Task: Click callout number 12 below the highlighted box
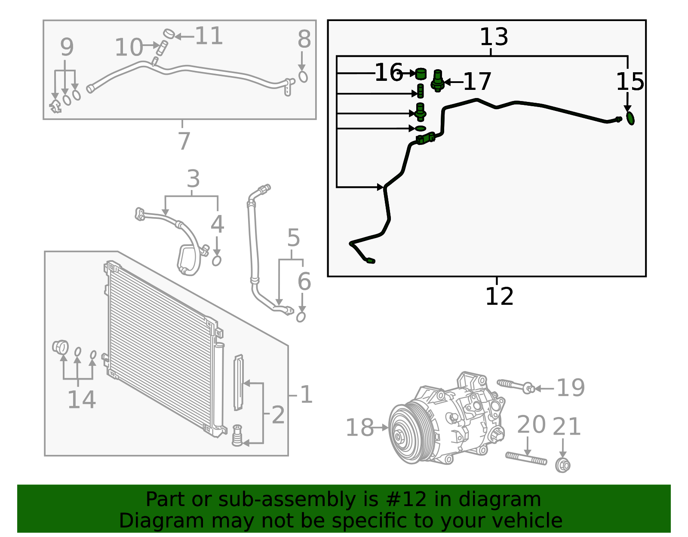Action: [x=499, y=297]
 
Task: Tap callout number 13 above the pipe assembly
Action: [x=494, y=37]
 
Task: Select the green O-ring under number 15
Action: [x=630, y=118]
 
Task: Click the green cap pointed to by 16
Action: [x=420, y=74]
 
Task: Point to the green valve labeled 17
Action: [x=437, y=81]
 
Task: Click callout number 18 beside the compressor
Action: [x=359, y=428]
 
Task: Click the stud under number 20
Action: [x=526, y=459]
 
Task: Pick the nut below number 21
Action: [x=562, y=465]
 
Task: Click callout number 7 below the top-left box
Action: [x=184, y=141]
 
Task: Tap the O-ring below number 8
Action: [x=303, y=77]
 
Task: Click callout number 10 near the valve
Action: [x=129, y=47]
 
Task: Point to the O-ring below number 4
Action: [x=217, y=261]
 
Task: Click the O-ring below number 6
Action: [x=301, y=317]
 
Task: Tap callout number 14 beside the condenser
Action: [x=81, y=400]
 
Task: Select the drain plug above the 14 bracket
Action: [x=60, y=347]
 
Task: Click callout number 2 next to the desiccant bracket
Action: [x=278, y=415]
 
